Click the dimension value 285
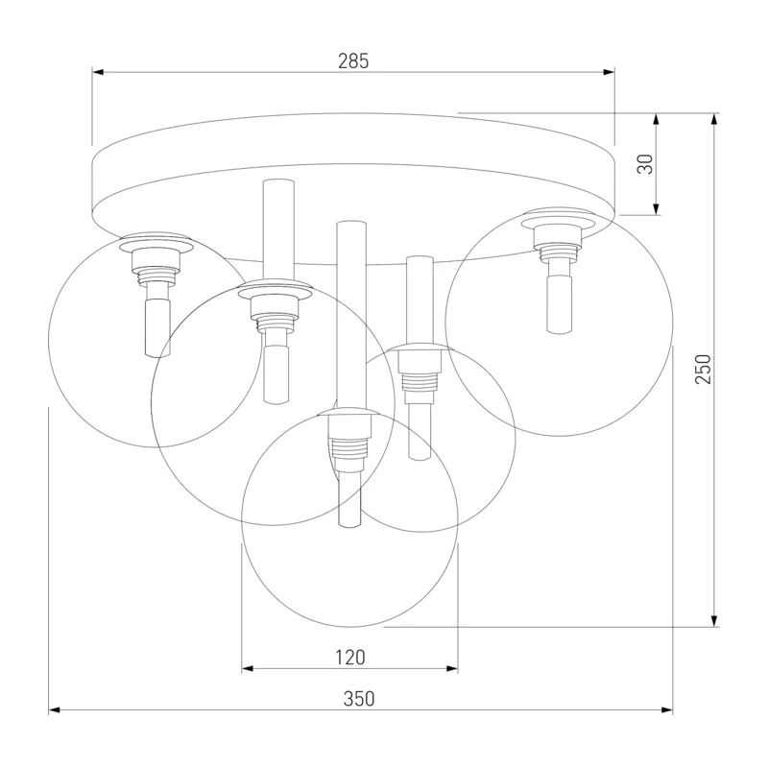(353, 60)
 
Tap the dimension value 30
(645, 163)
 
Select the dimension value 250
(703, 369)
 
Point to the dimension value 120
(350, 657)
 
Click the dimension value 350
(359, 699)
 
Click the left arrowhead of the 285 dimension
(98, 73)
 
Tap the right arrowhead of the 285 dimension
(609, 73)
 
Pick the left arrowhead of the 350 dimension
(55, 709)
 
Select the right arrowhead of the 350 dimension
(666, 709)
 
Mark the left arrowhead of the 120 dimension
(248, 668)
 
